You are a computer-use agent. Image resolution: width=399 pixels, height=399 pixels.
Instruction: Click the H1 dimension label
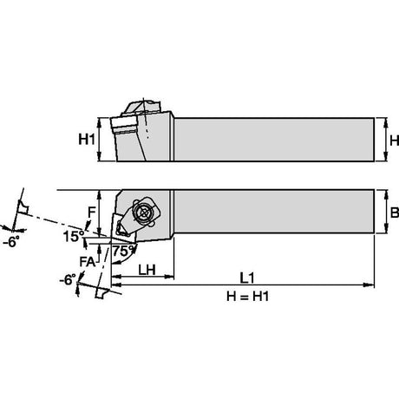[87, 140]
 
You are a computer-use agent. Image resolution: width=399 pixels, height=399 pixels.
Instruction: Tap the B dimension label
[395, 213]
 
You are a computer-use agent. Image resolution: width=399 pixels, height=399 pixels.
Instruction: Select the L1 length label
[247, 278]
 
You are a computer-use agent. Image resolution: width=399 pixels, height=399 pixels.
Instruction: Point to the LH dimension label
[147, 270]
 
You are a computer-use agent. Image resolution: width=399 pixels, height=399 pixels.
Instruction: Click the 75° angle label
[124, 251]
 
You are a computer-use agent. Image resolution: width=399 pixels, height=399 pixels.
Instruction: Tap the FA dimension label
[88, 262]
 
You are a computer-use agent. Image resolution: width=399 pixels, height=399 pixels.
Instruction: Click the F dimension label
[91, 213]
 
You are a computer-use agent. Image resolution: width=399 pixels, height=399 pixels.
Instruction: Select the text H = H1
[248, 297]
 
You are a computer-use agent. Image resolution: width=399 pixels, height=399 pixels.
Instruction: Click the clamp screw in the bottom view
[144, 213]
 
